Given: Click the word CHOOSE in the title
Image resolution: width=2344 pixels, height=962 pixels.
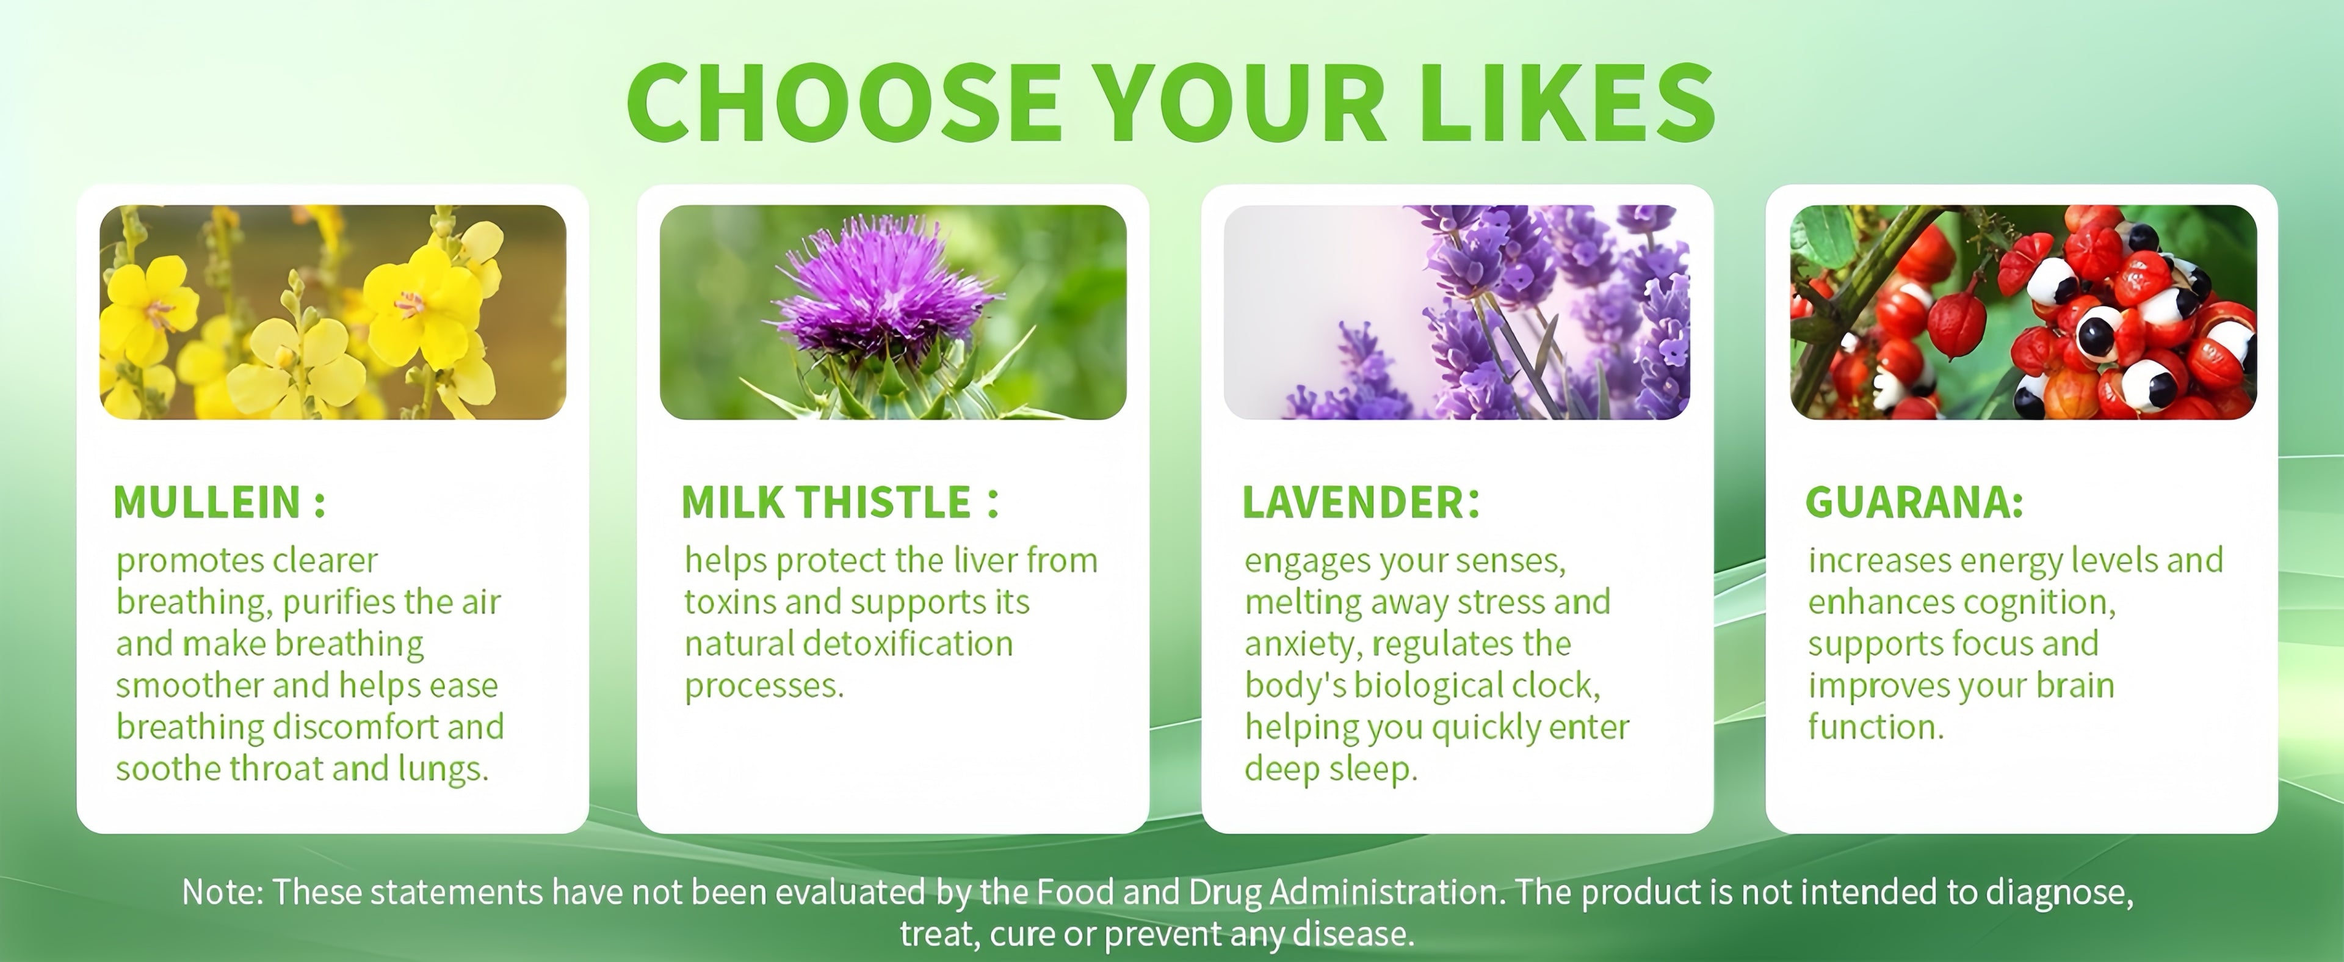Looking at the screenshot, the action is tap(844, 102).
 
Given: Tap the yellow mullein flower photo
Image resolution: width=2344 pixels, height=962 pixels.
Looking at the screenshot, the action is tap(333, 312).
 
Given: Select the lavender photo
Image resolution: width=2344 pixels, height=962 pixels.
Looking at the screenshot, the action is tap(1457, 312).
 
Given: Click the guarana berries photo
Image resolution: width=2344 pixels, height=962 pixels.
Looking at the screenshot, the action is tap(2024, 312).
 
